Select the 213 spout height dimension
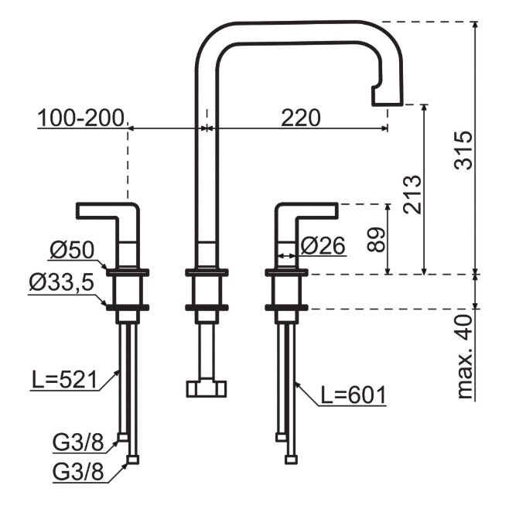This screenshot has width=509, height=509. point(412,193)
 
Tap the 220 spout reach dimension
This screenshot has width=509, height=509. point(300,117)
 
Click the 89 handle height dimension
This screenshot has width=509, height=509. point(376,238)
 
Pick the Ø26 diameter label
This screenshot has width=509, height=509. point(322,245)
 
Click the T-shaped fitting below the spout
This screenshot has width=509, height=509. point(207,387)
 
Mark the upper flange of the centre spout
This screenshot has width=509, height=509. point(207,272)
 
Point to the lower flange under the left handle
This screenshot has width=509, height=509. point(128,307)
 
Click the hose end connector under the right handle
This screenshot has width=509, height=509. point(291,459)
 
